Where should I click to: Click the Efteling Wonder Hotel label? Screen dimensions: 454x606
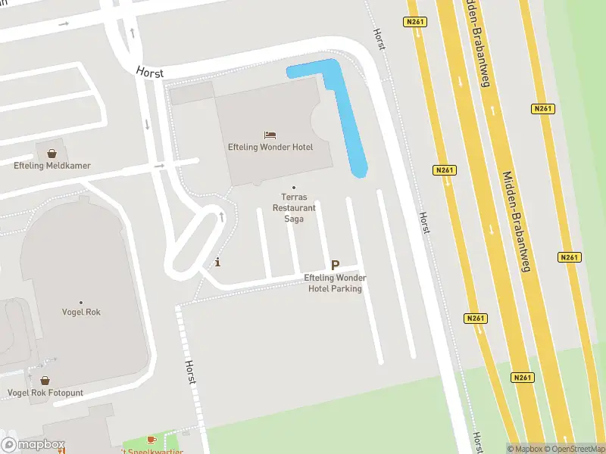[270, 147]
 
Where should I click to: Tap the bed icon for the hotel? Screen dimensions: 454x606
[270, 135]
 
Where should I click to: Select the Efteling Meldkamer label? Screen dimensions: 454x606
[52, 165]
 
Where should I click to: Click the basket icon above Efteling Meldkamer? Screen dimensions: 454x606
[52, 153]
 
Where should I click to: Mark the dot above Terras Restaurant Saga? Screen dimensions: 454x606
[294, 188]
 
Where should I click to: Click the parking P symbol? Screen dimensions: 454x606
[335, 266]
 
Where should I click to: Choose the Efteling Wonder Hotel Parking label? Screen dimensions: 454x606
[334, 283]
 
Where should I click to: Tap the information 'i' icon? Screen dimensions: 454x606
[218, 263]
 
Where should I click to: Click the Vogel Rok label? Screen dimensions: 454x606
[83, 312]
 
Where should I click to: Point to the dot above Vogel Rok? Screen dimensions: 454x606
[82, 300]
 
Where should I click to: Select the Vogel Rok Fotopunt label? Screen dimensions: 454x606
[45, 393]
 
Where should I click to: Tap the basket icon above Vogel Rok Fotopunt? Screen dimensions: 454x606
[45, 381]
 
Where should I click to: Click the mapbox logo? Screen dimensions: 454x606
[33, 445]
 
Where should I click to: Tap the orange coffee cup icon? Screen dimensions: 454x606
[151, 440]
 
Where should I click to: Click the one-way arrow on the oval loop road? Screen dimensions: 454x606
[221, 217]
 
